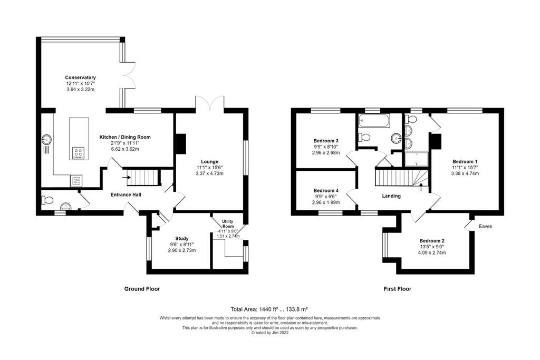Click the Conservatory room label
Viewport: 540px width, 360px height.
pyautogui.click(x=80, y=77)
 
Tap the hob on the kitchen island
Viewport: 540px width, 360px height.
pyautogui.click(x=78, y=153)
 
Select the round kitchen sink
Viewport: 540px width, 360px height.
pyautogui.click(x=46, y=140)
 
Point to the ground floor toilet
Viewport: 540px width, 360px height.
pyautogui.click(x=47, y=200)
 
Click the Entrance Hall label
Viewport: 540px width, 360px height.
pyautogui.click(x=126, y=194)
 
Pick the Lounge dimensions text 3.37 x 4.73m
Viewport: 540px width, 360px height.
pyautogui.click(x=209, y=173)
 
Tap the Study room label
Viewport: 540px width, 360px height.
pyautogui.click(x=182, y=239)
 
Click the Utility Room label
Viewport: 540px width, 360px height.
pyautogui.click(x=228, y=223)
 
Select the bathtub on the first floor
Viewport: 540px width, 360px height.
pyautogui.click(x=374, y=121)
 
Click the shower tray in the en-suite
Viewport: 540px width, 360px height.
pyautogui.click(x=417, y=159)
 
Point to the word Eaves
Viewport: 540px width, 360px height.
pyautogui.click(x=485, y=226)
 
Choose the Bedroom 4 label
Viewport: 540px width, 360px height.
pyautogui.click(x=326, y=190)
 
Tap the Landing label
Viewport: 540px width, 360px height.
pyautogui.click(x=391, y=196)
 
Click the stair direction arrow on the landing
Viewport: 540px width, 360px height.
pyautogui.click(x=421, y=187)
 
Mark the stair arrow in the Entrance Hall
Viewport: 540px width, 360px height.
pyautogui.click(x=126, y=178)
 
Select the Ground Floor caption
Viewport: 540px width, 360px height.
pyautogui.click(x=142, y=289)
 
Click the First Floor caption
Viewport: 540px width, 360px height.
pyautogui.click(x=398, y=289)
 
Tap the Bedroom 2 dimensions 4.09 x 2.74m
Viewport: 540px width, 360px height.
pyautogui.click(x=432, y=252)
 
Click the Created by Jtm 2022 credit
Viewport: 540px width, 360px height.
pyautogui.click(x=270, y=333)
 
